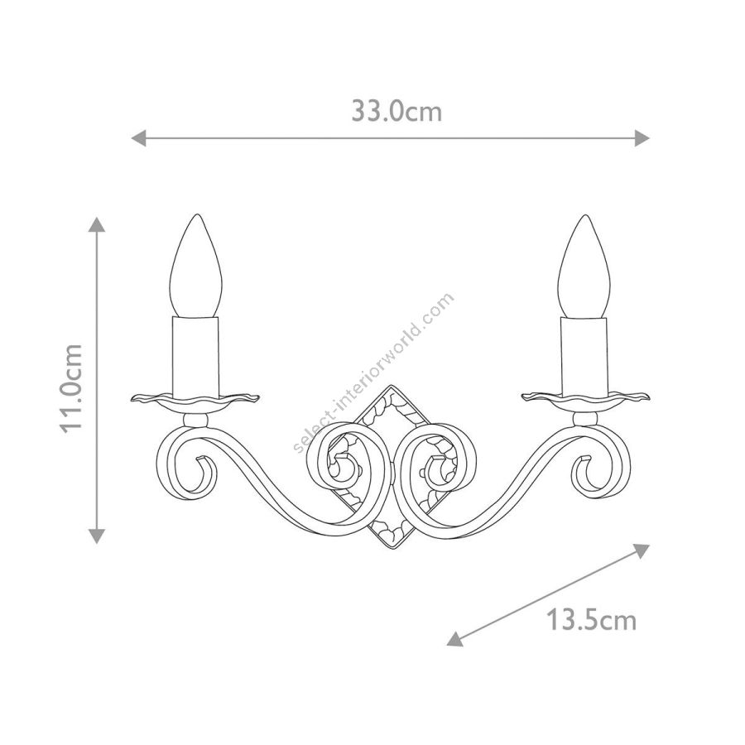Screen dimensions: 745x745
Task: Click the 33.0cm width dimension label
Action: click(x=397, y=112)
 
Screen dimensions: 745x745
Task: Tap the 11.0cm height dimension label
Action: click(x=72, y=389)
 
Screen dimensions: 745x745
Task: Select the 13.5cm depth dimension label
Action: click(x=591, y=620)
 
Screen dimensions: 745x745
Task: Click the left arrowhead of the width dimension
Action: click(x=138, y=139)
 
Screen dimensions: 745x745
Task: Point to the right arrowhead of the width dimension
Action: click(x=642, y=139)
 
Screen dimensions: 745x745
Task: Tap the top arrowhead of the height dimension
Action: click(x=97, y=224)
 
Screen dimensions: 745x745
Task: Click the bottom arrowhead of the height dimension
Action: click(x=97, y=536)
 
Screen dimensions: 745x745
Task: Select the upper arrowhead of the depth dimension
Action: click(x=642, y=550)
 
